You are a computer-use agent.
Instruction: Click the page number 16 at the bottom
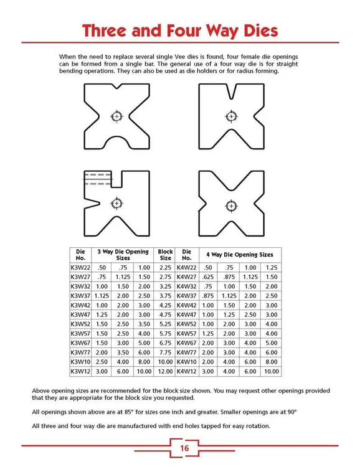coord(184,448)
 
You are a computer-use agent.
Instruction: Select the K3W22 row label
coord(80,267)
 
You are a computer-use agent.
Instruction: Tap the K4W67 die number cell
coord(186,342)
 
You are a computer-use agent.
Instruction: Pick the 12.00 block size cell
coord(165,372)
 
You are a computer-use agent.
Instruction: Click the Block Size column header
coord(165,254)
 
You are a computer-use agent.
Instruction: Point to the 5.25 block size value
coord(165,324)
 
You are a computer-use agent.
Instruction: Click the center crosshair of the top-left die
coord(116,116)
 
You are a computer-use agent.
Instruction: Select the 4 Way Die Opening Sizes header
coord(240,254)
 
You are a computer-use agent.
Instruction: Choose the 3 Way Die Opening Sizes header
coord(122,254)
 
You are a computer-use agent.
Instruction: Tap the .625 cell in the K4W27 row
coord(209,276)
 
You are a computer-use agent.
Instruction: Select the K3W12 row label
coord(80,372)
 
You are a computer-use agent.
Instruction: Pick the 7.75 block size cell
coord(165,352)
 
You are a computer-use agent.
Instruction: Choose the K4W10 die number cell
coord(186,362)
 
